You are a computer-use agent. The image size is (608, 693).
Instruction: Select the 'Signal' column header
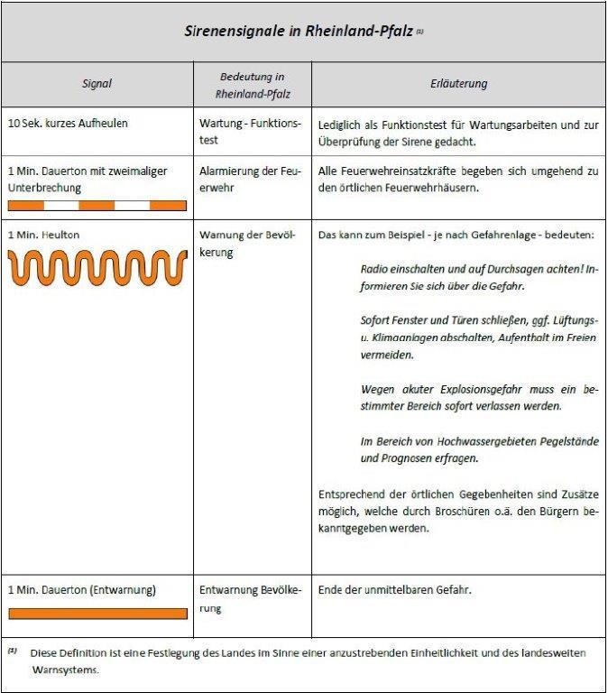click(97, 84)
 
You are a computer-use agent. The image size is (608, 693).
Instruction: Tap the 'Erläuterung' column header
click(458, 84)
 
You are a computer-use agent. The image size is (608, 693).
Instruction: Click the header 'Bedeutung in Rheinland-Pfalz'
click(253, 84)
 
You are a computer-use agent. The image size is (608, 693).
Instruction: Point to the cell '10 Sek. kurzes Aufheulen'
click(68, 124)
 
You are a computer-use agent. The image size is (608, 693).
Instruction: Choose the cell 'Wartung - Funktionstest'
click(251, 132)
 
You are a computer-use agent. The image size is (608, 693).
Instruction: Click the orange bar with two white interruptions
click(97, 206)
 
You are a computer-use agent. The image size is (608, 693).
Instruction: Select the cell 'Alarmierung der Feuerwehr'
click(251, 180)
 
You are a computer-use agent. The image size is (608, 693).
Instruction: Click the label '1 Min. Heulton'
click(43, 236)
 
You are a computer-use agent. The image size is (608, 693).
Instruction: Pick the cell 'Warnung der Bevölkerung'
click(251, 244)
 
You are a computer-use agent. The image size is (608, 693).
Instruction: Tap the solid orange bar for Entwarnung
click(97, 614)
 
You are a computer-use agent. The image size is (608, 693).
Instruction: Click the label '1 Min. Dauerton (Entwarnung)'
click(82, 590)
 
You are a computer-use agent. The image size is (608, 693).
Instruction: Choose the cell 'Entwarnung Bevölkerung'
click(251, 598)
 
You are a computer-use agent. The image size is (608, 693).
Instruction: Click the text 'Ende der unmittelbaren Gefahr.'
click(395, 590)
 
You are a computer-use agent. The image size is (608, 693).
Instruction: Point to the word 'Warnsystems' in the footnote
click(64, 670)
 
